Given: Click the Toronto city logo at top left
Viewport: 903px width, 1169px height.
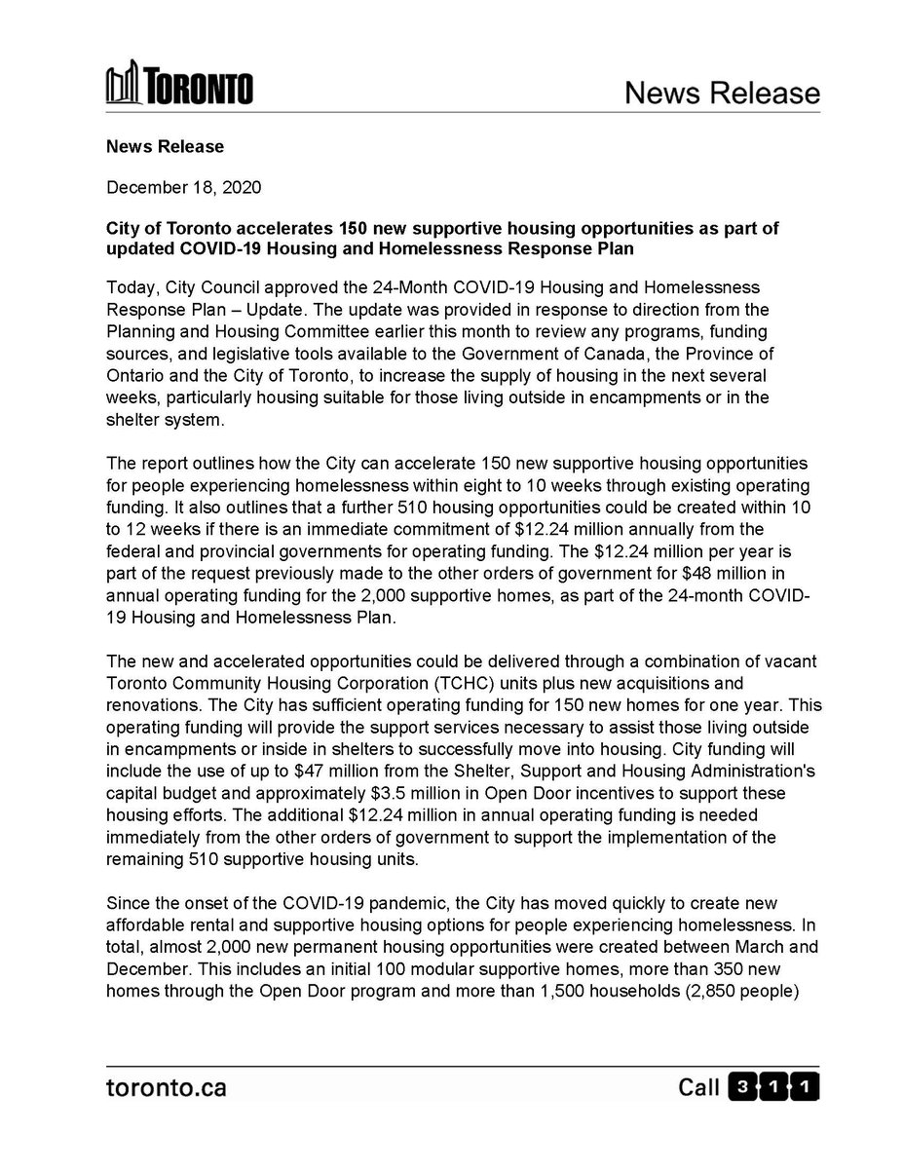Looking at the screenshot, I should click(179, 87).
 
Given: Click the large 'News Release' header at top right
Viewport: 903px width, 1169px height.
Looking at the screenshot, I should click(721, 93).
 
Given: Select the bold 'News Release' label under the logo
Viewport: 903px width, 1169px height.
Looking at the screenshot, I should click(165, 146).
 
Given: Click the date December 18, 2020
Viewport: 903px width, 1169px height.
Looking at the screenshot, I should click(183, 185).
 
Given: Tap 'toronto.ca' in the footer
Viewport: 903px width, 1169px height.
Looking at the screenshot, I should click(166, 1087).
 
